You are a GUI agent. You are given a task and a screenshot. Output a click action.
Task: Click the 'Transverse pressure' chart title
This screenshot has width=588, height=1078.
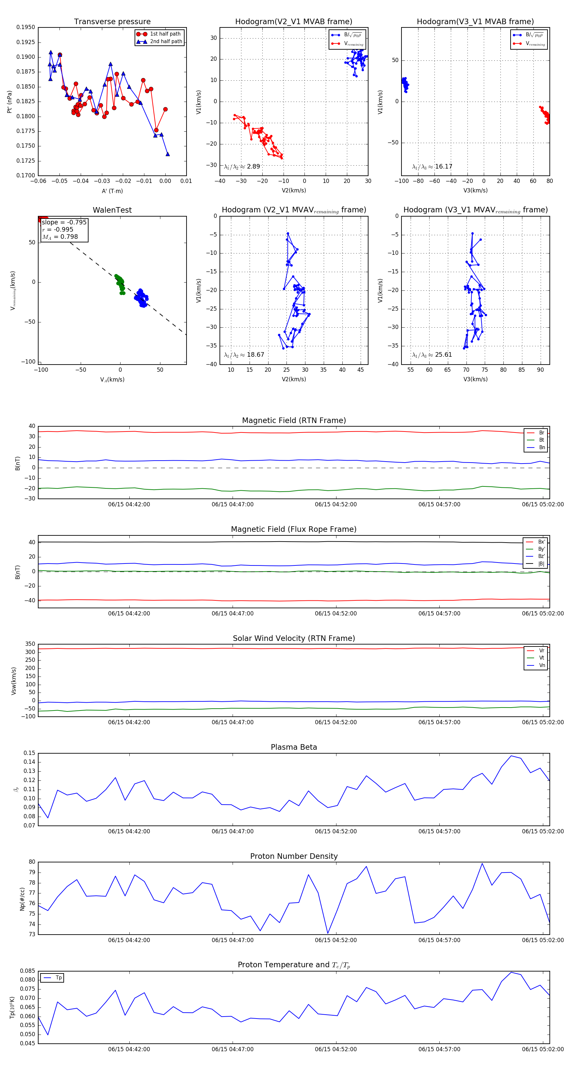[x=112, y=22]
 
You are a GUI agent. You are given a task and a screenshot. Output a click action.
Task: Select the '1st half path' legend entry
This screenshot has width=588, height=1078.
[x=165, y=34]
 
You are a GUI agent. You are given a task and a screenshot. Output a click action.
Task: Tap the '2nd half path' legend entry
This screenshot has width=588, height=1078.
[x=166, y=41]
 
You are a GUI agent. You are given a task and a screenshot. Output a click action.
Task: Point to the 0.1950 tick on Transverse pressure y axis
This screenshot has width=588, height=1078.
[x=26, y=27]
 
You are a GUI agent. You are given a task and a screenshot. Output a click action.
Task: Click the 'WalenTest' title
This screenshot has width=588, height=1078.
[x=112, y=210]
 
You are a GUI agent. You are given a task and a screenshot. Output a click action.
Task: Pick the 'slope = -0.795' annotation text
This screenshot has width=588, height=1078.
[x=64, y=222]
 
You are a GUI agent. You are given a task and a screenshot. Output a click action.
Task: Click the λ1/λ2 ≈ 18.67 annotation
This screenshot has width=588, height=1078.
[x=244, y=355]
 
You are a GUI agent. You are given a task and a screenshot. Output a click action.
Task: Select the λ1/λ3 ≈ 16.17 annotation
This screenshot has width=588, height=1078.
[x=432, y=167]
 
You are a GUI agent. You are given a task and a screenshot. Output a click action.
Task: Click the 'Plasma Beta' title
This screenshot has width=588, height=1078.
[x=294, y=747]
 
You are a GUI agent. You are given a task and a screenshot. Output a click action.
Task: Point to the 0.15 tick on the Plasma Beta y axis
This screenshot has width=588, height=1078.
[x=29, y=753]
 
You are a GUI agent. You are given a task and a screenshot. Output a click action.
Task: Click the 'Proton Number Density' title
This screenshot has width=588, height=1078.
[x=294, y=856]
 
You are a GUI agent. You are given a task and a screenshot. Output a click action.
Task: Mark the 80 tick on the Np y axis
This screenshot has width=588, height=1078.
[x=32, y=862]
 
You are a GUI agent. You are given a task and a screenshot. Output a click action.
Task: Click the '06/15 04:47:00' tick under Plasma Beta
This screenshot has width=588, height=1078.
[x=232, y=831]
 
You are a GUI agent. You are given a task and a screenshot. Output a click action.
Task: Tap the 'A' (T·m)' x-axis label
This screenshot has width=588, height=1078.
[x=112, y=191]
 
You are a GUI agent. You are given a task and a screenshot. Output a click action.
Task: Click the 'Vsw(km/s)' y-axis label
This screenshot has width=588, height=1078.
[x=14, y=681]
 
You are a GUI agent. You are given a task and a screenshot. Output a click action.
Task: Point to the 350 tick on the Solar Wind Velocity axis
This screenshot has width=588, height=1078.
[x=30, y=644]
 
